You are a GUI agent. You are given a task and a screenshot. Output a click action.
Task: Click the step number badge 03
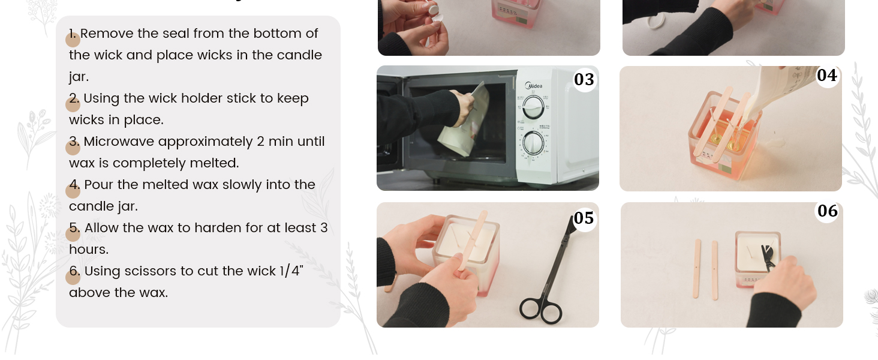point(584,79)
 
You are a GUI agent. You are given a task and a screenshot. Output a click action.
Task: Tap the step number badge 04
point(827,76)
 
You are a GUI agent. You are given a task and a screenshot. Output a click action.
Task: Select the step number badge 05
point(584,218)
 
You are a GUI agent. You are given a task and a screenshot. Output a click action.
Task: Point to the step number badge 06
point(827,211)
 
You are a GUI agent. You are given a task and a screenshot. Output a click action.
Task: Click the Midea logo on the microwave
point(533,86)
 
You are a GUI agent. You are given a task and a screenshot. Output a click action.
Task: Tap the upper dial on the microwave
point(532,108)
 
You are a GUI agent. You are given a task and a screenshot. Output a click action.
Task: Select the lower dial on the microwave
point(533,145)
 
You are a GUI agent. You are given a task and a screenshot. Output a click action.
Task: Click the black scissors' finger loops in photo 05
point(540,310)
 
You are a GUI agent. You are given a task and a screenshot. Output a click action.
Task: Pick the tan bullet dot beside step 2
point(73,104)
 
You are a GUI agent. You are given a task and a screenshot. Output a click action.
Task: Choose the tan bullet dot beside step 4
point(73,191)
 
